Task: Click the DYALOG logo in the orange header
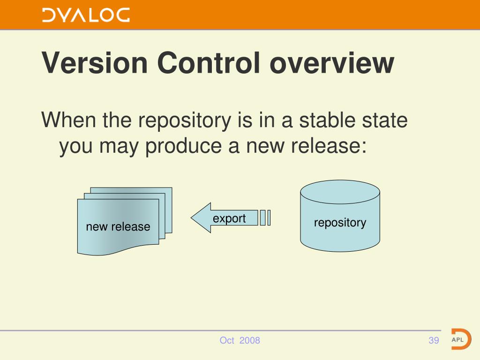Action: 86,15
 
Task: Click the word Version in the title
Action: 95,63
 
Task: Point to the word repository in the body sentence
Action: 185,120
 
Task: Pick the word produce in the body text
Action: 183,147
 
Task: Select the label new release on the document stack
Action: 118,227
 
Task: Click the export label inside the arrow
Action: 229,218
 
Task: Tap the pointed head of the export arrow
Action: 192,218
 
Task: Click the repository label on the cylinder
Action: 340,223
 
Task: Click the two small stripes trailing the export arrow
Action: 265,217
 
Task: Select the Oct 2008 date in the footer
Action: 240,340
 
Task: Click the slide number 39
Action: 434,340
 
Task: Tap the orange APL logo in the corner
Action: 461,339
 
